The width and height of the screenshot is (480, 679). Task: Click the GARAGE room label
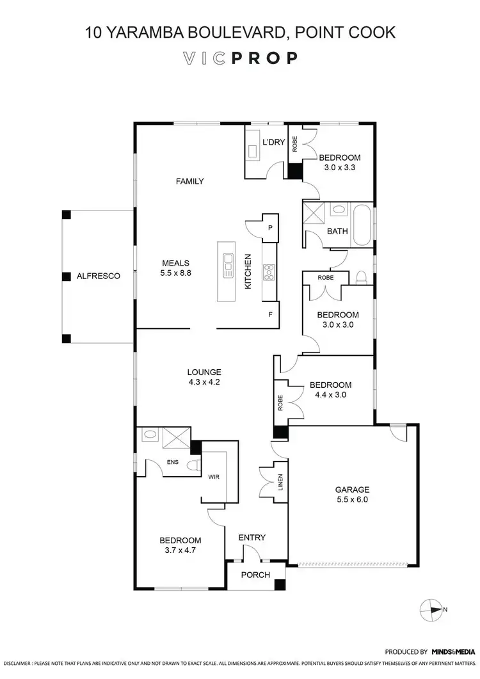352,490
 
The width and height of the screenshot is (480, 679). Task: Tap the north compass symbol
431,609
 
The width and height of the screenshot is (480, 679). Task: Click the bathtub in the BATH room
362,224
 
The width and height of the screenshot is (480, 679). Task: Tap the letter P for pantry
270,227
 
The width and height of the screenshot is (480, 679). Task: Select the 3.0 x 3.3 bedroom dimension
340,168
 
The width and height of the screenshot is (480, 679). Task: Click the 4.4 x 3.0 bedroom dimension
330,395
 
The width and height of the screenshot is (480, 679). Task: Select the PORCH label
255,574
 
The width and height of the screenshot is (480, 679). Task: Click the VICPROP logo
240,58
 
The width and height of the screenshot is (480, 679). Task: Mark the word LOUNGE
204,372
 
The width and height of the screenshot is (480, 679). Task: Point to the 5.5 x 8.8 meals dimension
177,272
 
